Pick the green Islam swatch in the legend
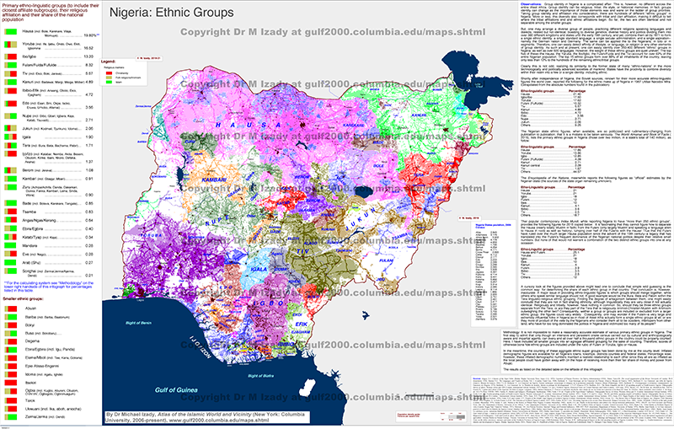107,85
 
